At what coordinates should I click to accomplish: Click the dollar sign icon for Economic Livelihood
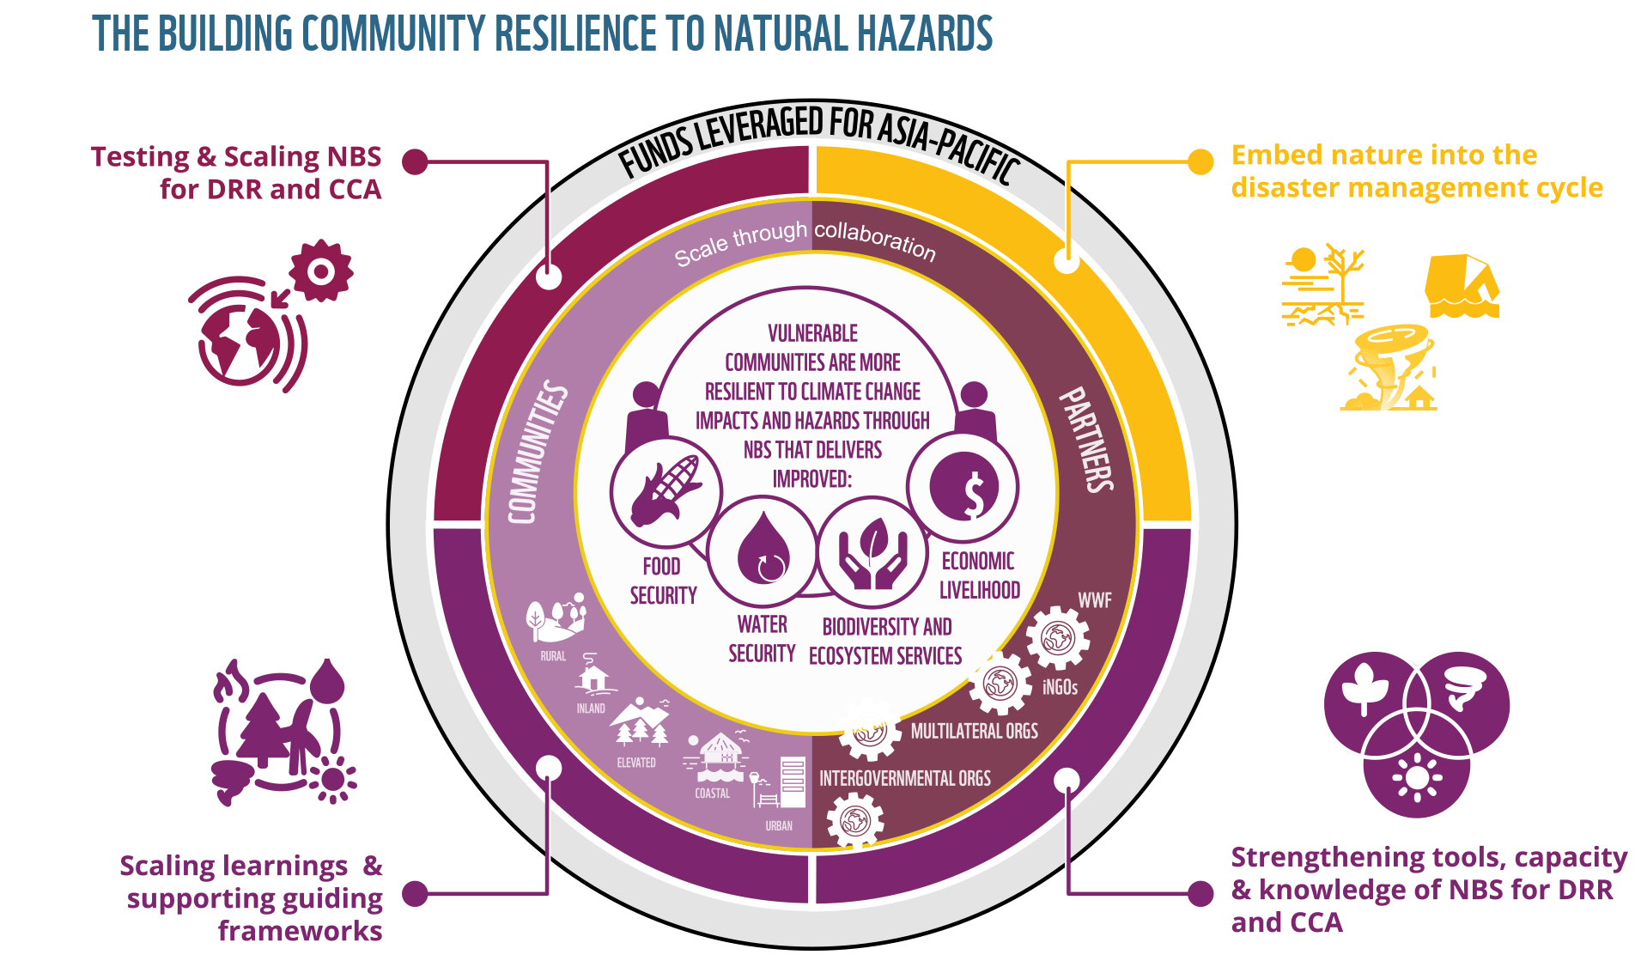tap(963, 487)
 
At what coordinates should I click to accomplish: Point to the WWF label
tap(1094, 600)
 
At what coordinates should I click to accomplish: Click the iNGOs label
tap(1060, 687)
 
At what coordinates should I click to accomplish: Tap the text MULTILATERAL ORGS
tap(974, 731)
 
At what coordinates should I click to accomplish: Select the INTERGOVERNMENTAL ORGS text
tap(904, 778)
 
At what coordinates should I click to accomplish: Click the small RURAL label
tap(553, 656)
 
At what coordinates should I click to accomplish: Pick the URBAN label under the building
tap(779, 826)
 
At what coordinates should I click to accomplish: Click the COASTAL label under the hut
tap(712, 794)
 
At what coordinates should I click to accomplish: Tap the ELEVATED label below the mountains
tap(635, 763)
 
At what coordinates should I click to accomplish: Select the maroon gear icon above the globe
tap(320, 271)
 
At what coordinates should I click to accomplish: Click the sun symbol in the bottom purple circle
tap(1417, 778)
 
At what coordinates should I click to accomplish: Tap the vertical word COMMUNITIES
tap(538, 453)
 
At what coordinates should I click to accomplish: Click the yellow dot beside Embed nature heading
tap(1200, 161)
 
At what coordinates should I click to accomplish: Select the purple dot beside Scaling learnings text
tap(415, 893)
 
